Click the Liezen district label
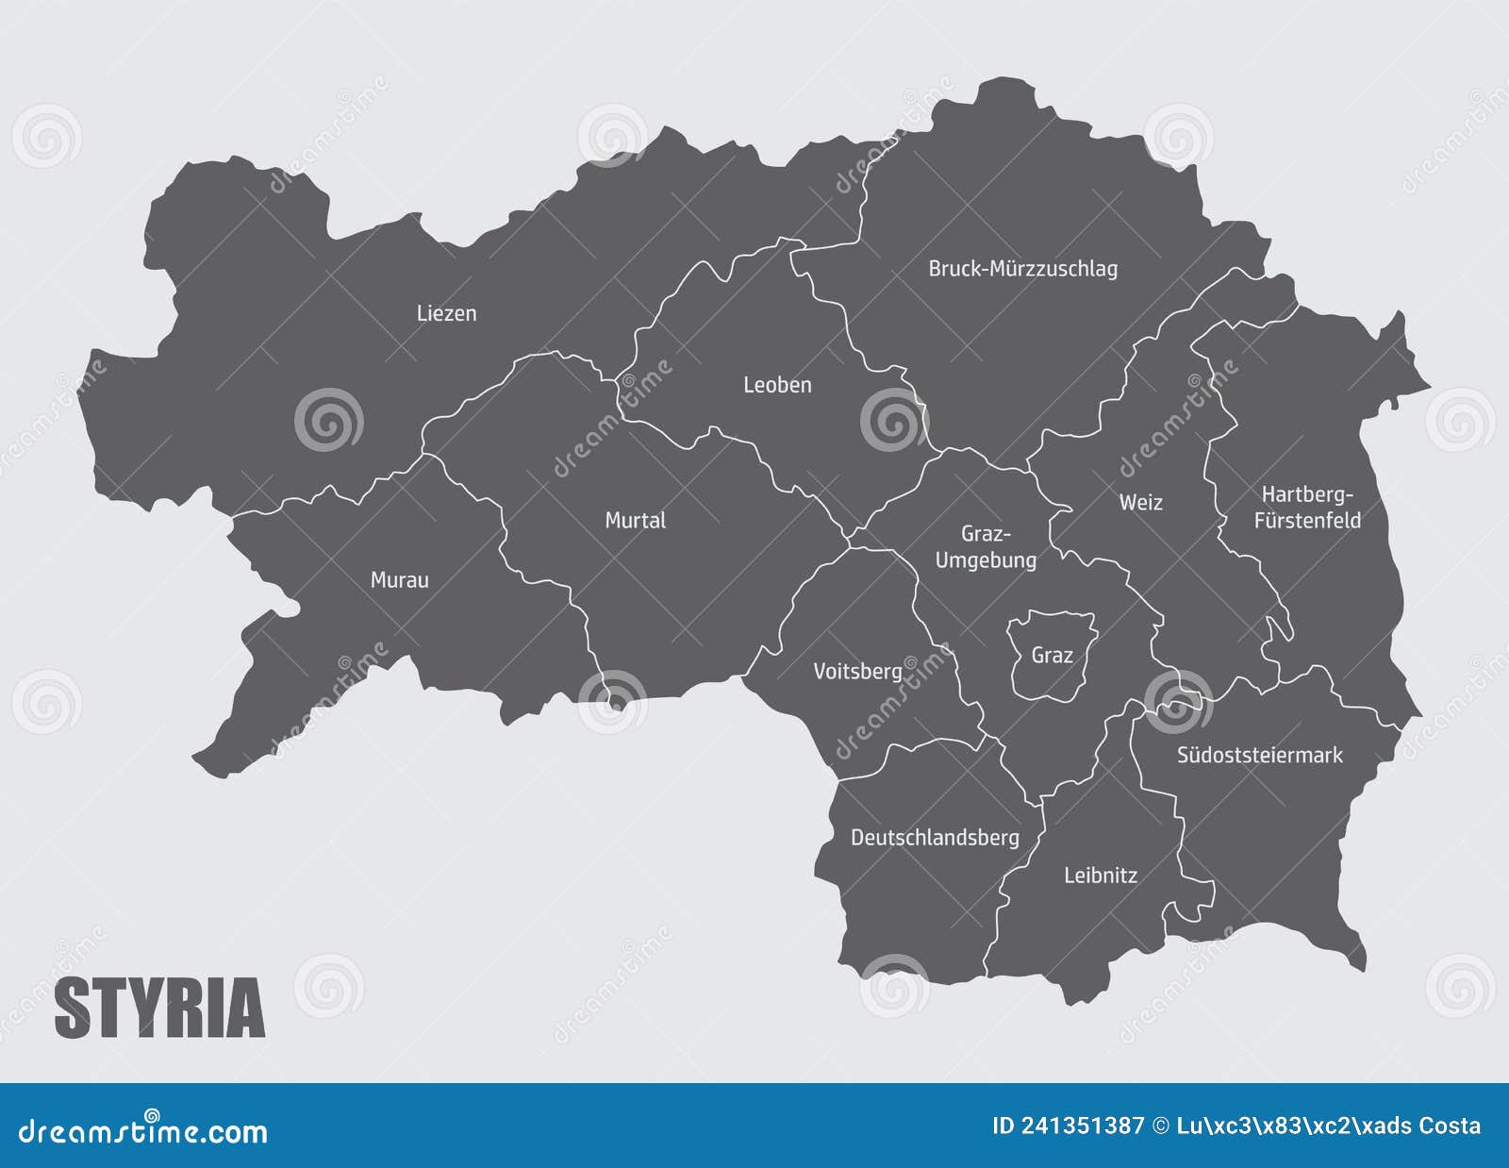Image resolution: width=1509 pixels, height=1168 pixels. click(446, 313)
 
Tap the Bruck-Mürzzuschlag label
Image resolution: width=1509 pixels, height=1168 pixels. click(1022, 269)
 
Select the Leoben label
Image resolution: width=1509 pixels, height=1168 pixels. click(777, 385)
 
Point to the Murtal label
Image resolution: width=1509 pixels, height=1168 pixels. click(635, 520)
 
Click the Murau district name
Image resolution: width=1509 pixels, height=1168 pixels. click(399, 580)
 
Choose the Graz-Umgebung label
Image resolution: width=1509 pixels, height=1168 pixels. click(986, 547)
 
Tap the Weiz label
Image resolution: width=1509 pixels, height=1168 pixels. click(1140, 502)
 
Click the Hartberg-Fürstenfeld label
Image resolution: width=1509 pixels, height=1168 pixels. click(1307, 508)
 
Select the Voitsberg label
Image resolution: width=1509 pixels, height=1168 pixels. click(857, 672)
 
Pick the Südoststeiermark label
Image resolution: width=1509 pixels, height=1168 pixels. click(1259, 755)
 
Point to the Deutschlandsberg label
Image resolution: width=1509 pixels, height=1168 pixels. click(935, 838)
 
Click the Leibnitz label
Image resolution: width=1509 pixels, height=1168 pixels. click(1100, 876)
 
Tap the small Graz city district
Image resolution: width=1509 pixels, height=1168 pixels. click(1052, 655)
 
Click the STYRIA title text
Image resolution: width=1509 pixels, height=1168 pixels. click(159, 1009)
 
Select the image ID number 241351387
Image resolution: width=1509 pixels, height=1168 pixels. click(1083, 1126)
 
